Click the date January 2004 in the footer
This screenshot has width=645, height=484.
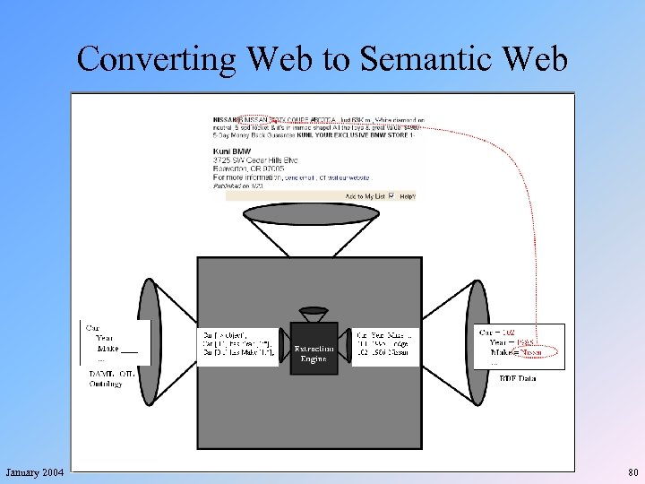[34, 471]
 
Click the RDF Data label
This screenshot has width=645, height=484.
[518, 378]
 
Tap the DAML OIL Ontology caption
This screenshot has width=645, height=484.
[111, 379]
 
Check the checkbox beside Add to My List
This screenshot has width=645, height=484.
[391, 195]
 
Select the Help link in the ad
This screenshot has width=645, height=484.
[407, 195]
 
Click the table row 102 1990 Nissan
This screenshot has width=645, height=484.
[384, 352]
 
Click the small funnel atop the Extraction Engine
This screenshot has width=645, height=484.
[314, 315]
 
